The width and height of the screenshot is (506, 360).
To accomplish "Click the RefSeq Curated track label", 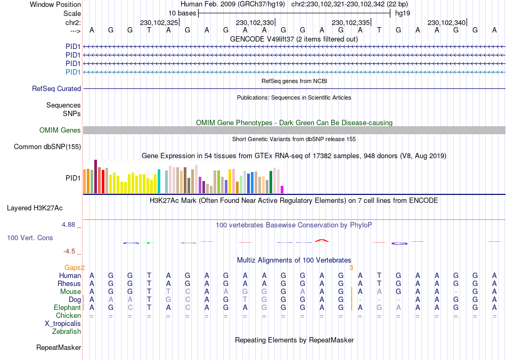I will coord(56,89).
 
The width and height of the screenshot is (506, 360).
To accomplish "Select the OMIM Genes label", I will coord(60,130).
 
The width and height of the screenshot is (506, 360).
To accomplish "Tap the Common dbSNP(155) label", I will coord(47,147).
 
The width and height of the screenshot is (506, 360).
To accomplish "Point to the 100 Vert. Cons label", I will coord(30,238).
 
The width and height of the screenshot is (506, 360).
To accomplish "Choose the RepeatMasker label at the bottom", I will coord(59,348).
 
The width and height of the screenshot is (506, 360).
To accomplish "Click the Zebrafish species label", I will coord(67,332).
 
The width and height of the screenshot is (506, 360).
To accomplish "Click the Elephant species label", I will coord(67,308).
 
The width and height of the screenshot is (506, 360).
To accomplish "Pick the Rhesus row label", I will coord(69,284).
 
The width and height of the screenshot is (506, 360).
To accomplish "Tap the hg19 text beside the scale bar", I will coord(402,13).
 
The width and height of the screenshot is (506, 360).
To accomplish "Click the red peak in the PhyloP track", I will coord(321,240).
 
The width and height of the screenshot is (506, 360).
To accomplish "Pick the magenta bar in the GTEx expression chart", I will coord(282,189).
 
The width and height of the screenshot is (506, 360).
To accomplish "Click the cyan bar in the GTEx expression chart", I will coord(159,181).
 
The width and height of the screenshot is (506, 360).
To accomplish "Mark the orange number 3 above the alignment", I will coord(351,267).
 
